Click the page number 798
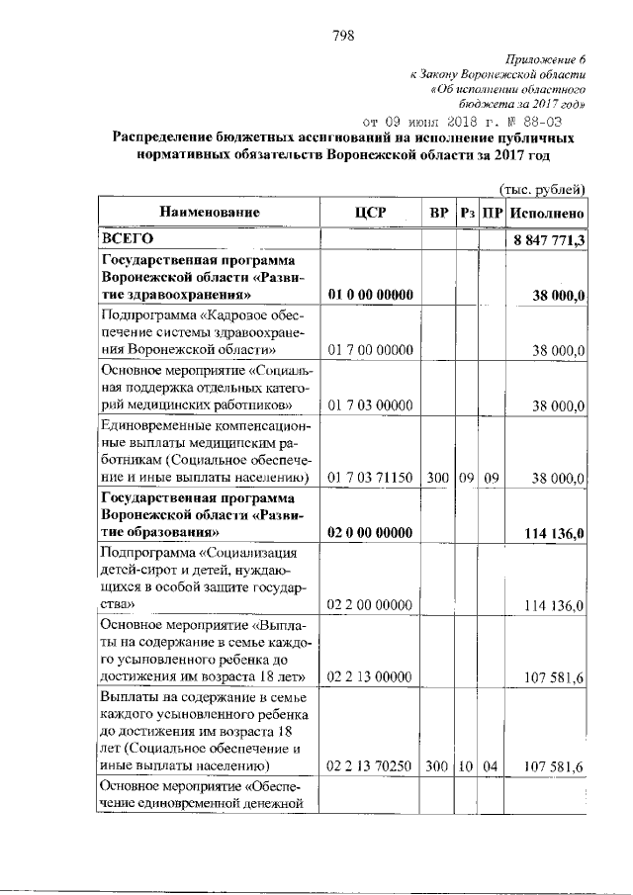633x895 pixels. click(x=342, y=36)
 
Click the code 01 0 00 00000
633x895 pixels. click(x=369, y=295)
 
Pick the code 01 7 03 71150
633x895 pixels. click(x=369, y=479)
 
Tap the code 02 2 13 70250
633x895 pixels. click(x=369, y=765)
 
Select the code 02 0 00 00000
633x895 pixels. click(x=369, y=534)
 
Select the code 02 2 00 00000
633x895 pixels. click(x=369, y=605)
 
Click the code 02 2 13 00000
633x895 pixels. click(x=369, y=676)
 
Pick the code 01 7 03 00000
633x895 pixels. click(x=369, y=405)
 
